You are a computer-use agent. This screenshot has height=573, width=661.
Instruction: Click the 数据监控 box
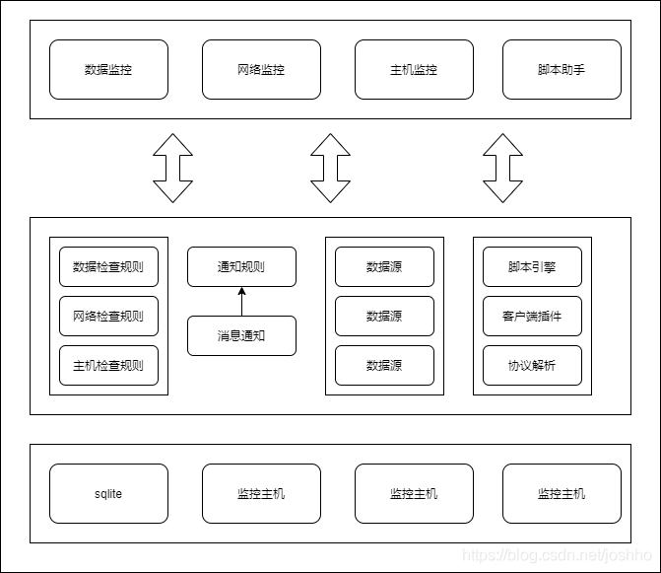pos(108,70)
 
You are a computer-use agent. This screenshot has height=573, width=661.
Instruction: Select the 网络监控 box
pos(261,70)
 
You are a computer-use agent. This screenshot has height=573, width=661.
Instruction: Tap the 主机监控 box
pos(414,70)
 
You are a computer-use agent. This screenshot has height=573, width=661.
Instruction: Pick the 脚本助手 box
pos(562,70)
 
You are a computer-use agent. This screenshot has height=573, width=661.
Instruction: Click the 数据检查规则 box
pos(108,266)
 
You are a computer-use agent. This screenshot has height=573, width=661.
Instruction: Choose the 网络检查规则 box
pos(108,316)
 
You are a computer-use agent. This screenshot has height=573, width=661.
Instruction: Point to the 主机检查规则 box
pos(108,365)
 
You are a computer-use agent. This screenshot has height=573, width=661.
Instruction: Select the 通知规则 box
pos(241,266)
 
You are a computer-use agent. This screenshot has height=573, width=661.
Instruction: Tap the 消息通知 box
pos(241,335)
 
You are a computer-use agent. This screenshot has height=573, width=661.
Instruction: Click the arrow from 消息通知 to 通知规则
pos(241,301)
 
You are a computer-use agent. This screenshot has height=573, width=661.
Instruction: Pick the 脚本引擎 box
pos(532,266)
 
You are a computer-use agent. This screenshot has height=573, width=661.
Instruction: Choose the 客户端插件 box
pos(532,316)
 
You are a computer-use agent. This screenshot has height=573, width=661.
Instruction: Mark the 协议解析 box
pos(532,365)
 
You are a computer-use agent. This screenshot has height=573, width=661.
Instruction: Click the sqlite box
pos(108,493)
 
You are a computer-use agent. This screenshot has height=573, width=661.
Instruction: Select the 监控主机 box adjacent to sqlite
pos(261,493)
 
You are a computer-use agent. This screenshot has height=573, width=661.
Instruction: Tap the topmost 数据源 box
pos(384,266)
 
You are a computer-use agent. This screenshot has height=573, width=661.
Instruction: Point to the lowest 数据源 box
pos(384,365)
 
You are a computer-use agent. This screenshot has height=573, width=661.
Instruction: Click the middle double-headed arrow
pos(330,168)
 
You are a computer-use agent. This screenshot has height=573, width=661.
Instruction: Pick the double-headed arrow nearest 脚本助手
pos(502,168)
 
